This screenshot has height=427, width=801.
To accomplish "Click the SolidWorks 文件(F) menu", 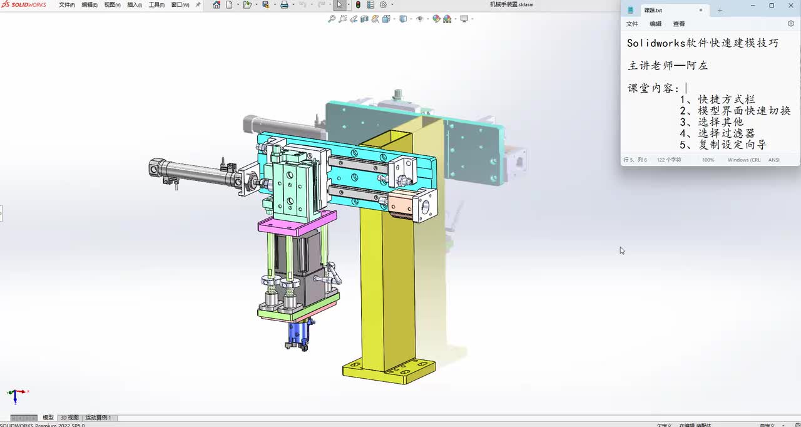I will tap(66, 5).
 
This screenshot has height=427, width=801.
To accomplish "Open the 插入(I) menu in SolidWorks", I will tap(134, 5).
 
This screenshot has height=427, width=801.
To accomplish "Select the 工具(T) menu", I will tap(156, 5).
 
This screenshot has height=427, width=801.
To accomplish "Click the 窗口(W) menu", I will tap(180, 5).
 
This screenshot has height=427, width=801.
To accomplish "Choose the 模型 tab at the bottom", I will tap(48, 418).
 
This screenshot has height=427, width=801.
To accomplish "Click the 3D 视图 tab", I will tap(69, 418).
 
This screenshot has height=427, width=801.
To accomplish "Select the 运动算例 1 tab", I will tap(98, 418).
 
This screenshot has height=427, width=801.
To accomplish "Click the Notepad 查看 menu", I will tap(679, 24).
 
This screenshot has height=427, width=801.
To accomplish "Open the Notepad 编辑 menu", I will tap(655, 24).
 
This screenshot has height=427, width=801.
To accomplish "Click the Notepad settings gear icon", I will tap(790, 24).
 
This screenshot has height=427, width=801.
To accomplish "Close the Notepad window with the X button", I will tap(788, 6).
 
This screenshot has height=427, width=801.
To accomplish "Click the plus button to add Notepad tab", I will tap(720, 10).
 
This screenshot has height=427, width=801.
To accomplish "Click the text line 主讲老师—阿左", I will tap(668, 65).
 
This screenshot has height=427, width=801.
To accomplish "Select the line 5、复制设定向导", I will tap(723, 145).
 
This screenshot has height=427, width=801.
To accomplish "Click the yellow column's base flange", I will tap(388, 371).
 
